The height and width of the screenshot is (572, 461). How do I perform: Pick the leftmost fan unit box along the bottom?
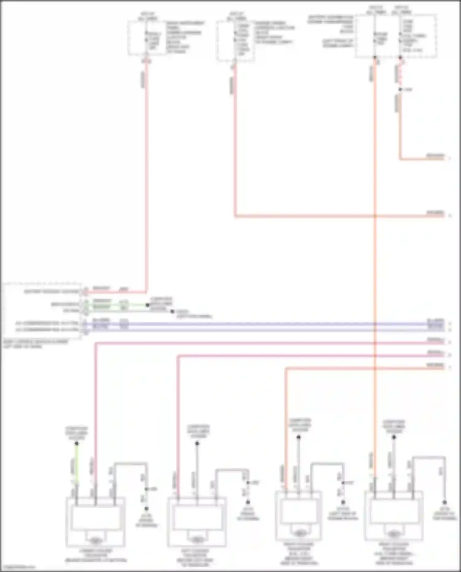tap(96, 521)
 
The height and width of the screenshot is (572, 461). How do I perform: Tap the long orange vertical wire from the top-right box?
tap(375, 246)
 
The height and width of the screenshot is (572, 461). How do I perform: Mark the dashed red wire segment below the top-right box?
tap(400, 72)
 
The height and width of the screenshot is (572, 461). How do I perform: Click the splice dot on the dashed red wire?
tap(400, 89)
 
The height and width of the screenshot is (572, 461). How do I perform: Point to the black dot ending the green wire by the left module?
tap(148, 305)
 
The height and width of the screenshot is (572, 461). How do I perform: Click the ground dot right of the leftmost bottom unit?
tap(147, 509)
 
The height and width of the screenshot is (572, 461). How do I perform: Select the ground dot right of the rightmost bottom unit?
tap(444, 503)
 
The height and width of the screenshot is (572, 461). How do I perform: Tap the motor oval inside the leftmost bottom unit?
tap(96, 539)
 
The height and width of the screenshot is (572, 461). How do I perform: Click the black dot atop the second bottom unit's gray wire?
tap(197, 443)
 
